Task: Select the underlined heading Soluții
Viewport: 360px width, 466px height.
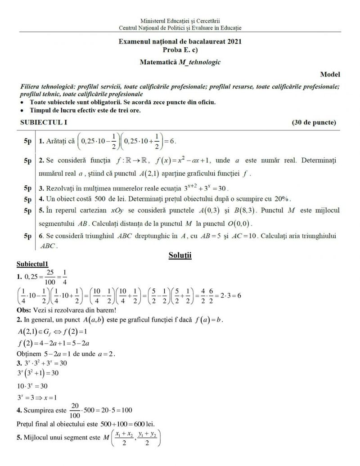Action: click(180, 255)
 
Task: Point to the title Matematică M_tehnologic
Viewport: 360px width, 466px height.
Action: click(180, 62)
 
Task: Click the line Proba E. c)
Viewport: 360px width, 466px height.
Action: click(180, 49)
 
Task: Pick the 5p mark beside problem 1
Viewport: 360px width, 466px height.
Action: click(27, 141)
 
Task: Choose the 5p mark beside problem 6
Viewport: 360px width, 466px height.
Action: click(27, 236)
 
